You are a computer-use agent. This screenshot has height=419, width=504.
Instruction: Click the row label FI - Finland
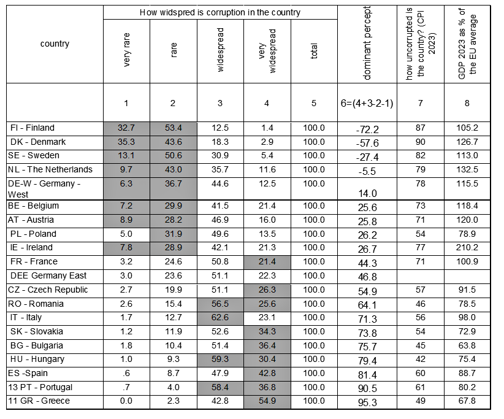[x=32, y=128]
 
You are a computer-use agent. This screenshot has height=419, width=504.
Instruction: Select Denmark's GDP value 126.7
[x=467, y=142]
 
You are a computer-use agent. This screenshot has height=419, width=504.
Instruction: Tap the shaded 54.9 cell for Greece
[x=267, y=401]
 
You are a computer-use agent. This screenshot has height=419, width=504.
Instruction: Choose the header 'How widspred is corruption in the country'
[x=220, y=12]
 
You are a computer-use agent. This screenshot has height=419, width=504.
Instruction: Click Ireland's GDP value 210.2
[x=467, y=248]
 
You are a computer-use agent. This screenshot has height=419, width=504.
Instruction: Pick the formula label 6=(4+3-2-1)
[x=367, y=104]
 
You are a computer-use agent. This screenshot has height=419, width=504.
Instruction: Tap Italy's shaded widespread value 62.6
[x=220, y=318]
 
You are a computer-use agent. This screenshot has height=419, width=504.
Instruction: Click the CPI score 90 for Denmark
[x=421, y=142]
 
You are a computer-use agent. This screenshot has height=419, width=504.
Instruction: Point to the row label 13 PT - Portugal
[x=40, y=387]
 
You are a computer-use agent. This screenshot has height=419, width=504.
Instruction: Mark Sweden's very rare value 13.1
[x=127, y=156]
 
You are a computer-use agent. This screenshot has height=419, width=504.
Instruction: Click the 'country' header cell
[x=55, y=44]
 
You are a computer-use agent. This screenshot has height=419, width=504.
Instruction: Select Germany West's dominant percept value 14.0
[x=367, y=193]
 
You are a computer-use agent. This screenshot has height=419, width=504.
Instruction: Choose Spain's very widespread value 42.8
[x=267, y=373]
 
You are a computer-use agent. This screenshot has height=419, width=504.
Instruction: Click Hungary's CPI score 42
[x=421, y=359]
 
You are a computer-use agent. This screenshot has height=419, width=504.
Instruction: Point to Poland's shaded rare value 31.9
[x=174, y=234]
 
